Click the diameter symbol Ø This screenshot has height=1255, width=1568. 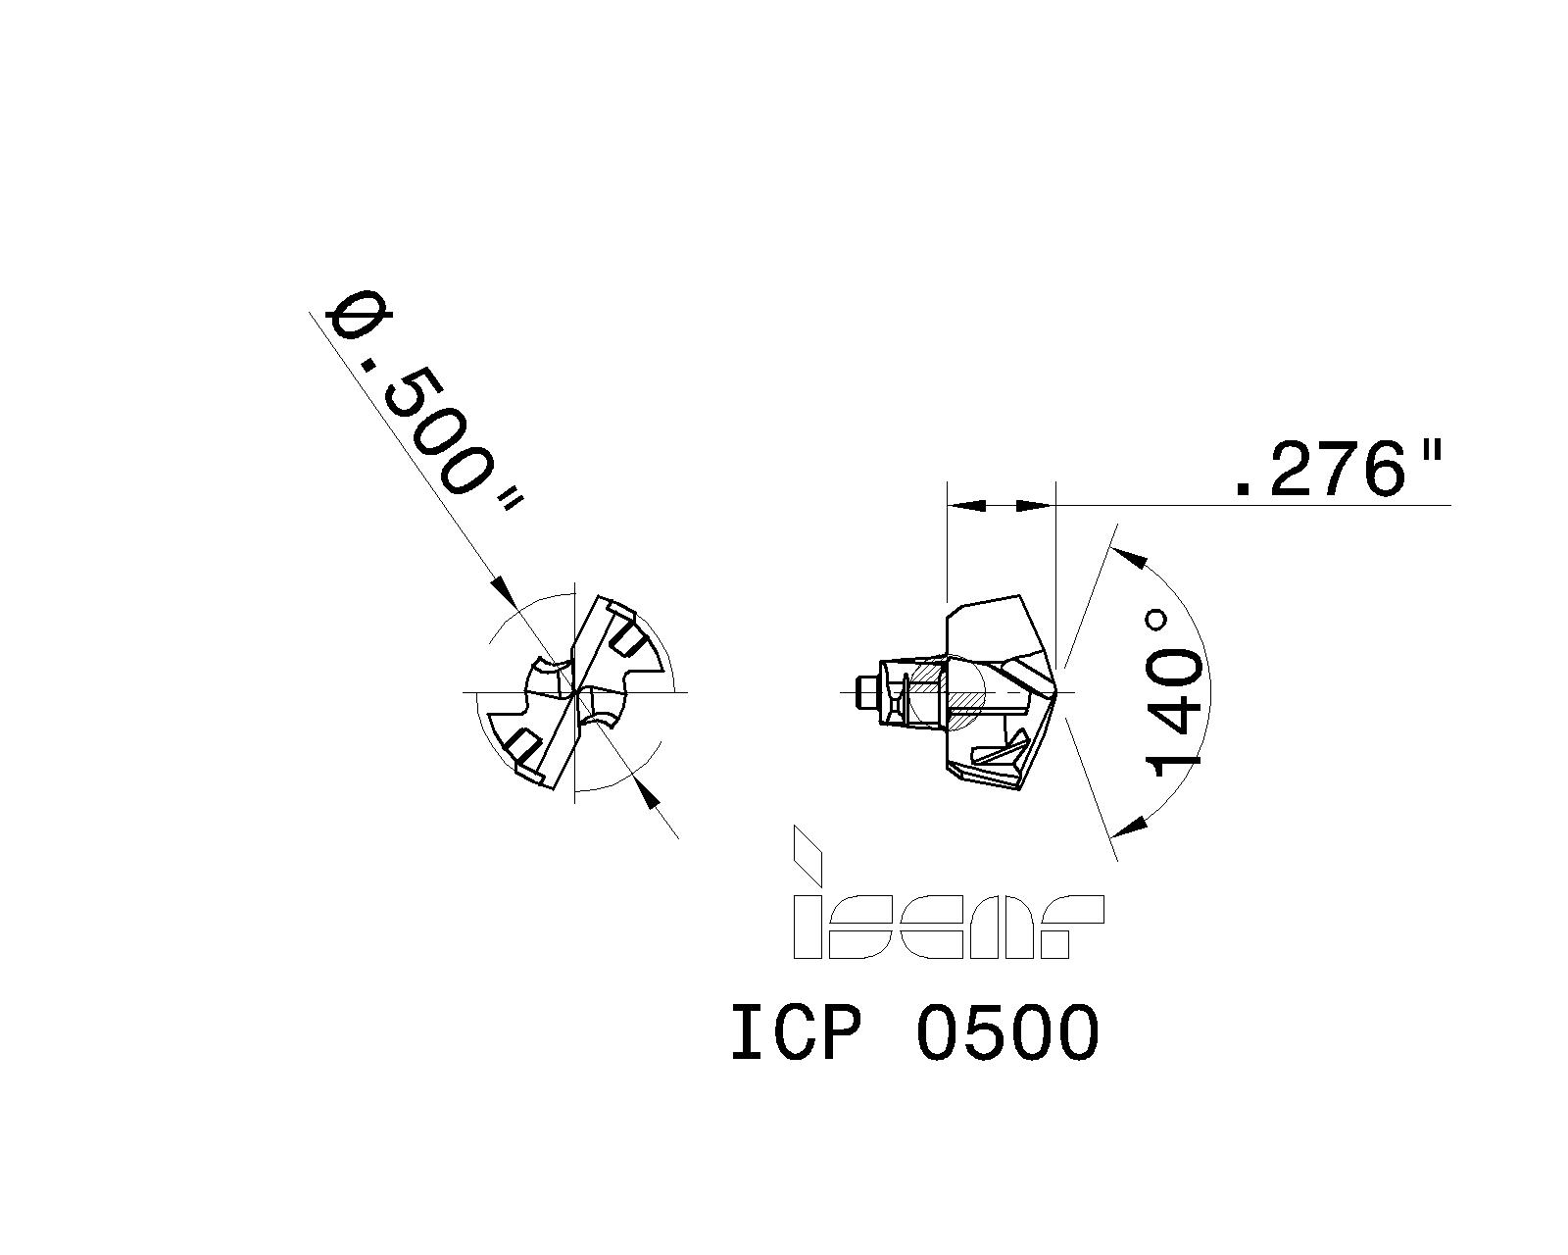[x=360, y=316]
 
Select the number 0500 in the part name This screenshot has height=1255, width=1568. [x=1007, y=1033]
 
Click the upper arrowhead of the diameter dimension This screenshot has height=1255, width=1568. [x=503, y=591]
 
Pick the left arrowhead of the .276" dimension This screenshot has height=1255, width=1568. [x=968, y=505]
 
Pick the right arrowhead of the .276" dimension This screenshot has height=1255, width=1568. [x=1034, y=505]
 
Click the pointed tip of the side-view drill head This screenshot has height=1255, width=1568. [x=1057, y=692]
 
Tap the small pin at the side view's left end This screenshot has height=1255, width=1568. [x=864, y=692]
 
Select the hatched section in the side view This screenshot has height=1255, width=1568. [x=960, y=698]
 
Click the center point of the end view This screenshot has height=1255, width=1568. [x=572, y=692]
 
